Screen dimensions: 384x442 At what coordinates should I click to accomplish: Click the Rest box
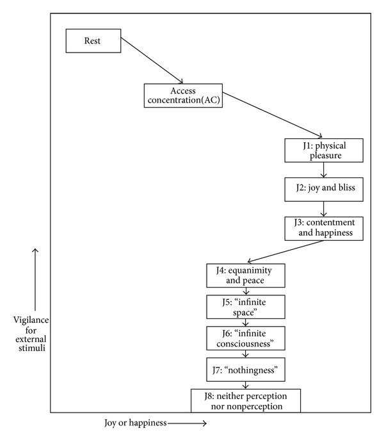click(x=93, y=41)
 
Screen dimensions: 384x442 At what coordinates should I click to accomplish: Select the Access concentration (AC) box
click(x=183, y=95)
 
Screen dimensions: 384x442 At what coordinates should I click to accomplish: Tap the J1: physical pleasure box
click(x=324, y=151)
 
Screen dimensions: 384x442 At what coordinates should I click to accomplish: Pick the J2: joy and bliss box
click(x=324, y=190)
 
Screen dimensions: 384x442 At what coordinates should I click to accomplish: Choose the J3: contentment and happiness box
click(x=324, y=229)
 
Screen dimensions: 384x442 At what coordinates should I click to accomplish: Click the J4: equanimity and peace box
click(x=246, y=275)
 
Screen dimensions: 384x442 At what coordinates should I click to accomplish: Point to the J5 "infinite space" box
click(x=246, y=307)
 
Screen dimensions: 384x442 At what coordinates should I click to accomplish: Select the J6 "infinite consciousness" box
click(x=246, y=338)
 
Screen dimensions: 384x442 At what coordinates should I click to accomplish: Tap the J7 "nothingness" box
click(x=246, y=370)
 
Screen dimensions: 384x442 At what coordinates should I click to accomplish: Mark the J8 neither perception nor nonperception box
click(x=246, y=401)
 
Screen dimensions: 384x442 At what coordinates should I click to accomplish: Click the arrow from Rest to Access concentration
click(x=152, y=60)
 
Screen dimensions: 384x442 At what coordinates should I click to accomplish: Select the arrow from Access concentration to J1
click(x=272, y=115)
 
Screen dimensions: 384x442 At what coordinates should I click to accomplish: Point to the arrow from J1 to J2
click(x=323, y=170)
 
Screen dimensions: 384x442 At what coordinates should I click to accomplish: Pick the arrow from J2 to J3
click(x=323, y=209)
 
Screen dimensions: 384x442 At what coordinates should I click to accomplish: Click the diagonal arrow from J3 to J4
click(x=285, y=252)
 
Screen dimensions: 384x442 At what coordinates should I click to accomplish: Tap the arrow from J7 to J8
click(x=246, y=386)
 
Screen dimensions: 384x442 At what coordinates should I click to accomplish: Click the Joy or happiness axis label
click(x=136, y=423)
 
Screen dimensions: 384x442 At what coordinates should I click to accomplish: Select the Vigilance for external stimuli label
click(x=31, y=334)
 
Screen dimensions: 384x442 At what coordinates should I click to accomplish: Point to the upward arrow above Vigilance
click(x=35, y=279)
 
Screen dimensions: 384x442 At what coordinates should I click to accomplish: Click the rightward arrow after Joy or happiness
click(x=187, y=423)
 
